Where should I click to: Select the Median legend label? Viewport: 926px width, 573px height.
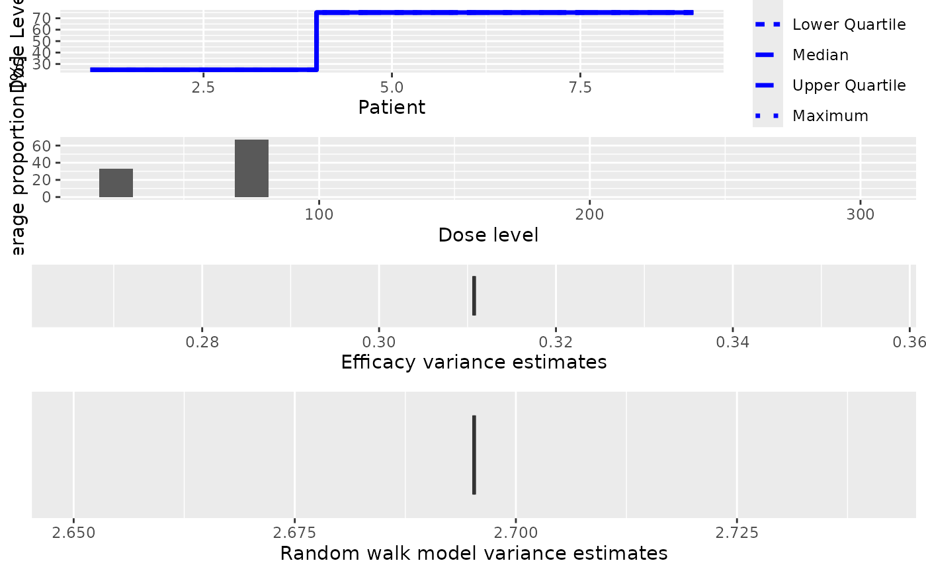point(820,56)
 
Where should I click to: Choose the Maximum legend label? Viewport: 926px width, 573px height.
point(830,116)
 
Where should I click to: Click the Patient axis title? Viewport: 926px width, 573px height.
point(392,107)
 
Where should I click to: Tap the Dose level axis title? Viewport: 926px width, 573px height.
point(488,235)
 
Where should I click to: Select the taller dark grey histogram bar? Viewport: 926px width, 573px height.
point(251,169)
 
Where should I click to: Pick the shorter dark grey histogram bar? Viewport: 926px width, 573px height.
point(116,183)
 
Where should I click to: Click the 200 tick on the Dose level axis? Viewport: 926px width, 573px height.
point(589,215)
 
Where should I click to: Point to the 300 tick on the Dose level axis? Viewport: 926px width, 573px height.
point(860,215)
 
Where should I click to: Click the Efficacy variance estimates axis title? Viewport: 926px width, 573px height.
point(474,363)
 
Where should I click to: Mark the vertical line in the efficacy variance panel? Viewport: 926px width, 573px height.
point(474,296)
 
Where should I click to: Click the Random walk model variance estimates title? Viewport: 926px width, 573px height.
point(474,553)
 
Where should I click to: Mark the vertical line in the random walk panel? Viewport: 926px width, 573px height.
point(474,455)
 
